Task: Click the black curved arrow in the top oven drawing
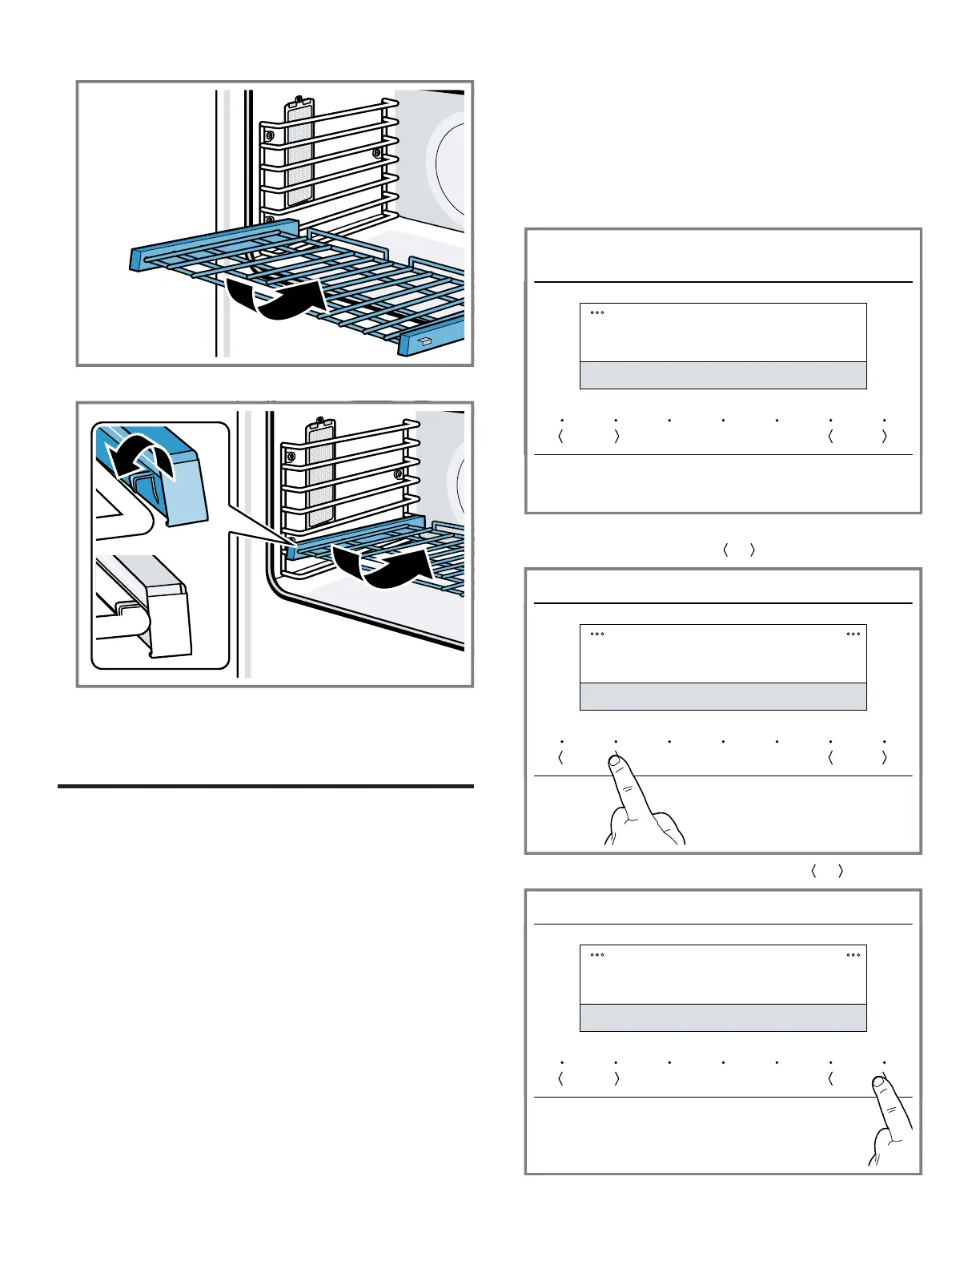click(x=276, y=298)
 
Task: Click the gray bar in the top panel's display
click(x=723, y=375)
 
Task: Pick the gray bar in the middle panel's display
click(x=723, y=696)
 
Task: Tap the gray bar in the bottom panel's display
click(x=723, y=1017)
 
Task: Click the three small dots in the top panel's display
click(x=597, y=312)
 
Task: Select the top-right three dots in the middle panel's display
click(x=853, y=634)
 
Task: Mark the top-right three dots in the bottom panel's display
click(x=853, y=955)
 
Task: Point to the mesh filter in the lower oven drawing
click(x=321, y=473)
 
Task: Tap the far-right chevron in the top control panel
click(x=884, y=437)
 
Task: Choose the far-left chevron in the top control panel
click(x=560, y=437)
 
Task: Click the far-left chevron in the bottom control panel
click(x=560, y=1078)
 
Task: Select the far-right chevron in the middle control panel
click(x=884, y=758)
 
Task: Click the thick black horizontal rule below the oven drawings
click(x=266, y=787)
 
